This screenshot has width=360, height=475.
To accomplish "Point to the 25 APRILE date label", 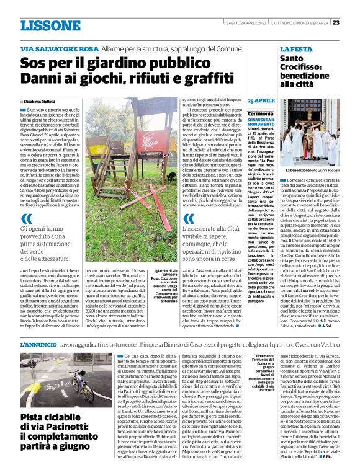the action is (x=261, y=100).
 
